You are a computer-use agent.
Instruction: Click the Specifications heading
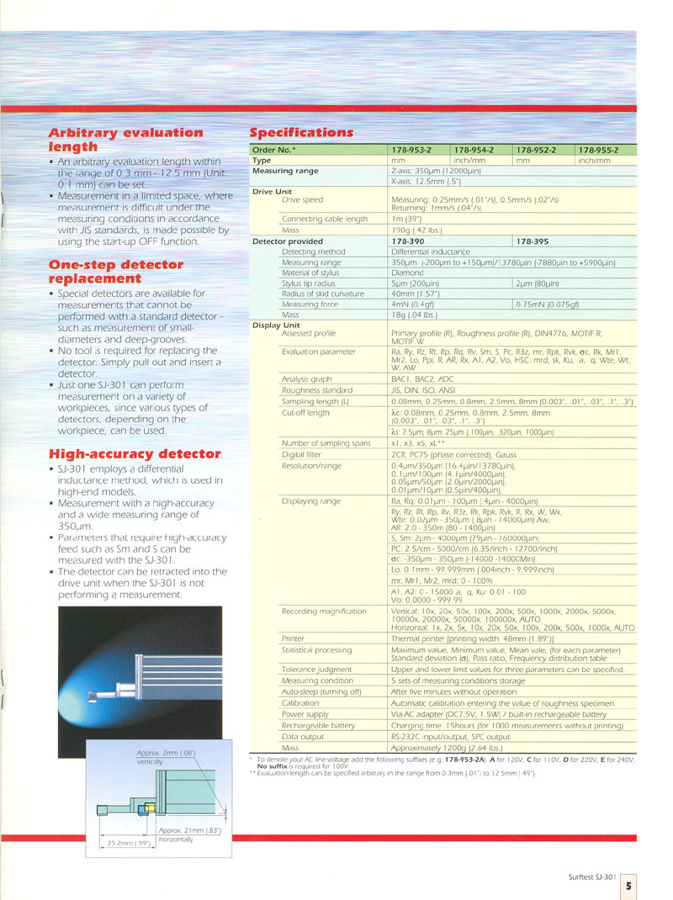click(302, 133)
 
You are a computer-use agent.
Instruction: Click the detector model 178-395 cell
click(534, 241)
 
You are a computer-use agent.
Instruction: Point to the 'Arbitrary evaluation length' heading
click(125, 140)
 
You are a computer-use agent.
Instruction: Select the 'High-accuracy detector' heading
click(135, 453)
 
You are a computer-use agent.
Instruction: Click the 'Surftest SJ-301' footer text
click(592, 876)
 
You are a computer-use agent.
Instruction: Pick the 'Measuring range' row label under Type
click(285, 171)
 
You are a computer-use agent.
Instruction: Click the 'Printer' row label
click(294, 638)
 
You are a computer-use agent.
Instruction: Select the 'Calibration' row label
click(300, 703)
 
